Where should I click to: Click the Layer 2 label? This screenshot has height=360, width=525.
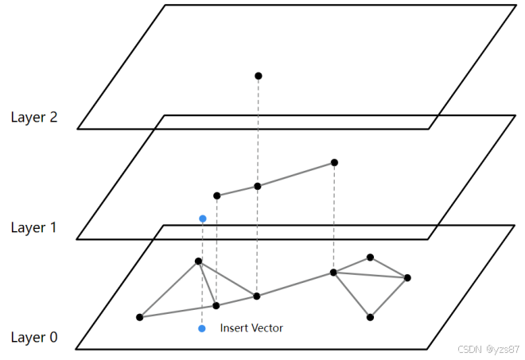coord(34,118)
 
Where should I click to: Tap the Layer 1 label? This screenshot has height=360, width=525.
coord(34,228)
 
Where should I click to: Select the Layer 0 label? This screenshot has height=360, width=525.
coord(34,338)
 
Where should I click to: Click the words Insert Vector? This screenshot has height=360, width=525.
coord(251,328)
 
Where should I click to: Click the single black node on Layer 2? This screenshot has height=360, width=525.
coord(258,76)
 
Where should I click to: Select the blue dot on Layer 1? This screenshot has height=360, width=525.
coord(203,219)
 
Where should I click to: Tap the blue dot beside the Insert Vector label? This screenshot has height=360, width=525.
coord(202,328)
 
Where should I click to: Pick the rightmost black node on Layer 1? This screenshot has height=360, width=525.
coord(334,163)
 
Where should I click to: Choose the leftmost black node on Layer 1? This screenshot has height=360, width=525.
coord(216,195)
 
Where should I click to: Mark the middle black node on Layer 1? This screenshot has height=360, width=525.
coord(258,187)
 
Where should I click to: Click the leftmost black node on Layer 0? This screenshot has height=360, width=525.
coord(140,317)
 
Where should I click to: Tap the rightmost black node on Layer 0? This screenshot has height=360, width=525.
coord(407,277)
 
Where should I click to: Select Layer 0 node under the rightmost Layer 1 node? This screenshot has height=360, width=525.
coord(334,273)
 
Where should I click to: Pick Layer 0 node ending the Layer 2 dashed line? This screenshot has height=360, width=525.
coord(257,296)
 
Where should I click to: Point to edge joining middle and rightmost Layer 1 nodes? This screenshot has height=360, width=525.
coord(296,175)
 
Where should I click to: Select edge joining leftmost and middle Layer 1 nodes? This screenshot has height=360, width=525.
coord(237,192)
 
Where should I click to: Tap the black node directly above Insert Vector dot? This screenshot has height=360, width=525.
coord(198,261)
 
